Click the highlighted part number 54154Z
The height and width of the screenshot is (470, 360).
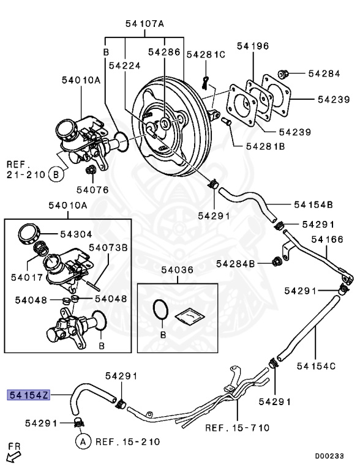(28, 395)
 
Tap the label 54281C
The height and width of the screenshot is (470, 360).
(206, 54)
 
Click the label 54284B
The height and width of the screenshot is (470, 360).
(235, 264)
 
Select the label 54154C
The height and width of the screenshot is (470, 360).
(316, 366)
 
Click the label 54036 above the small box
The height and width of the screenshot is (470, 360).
(178, 269)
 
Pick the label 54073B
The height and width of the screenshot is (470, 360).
(108, 247)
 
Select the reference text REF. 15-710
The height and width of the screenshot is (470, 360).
(238, 427)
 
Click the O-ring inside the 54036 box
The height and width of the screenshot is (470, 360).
(161, 310)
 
